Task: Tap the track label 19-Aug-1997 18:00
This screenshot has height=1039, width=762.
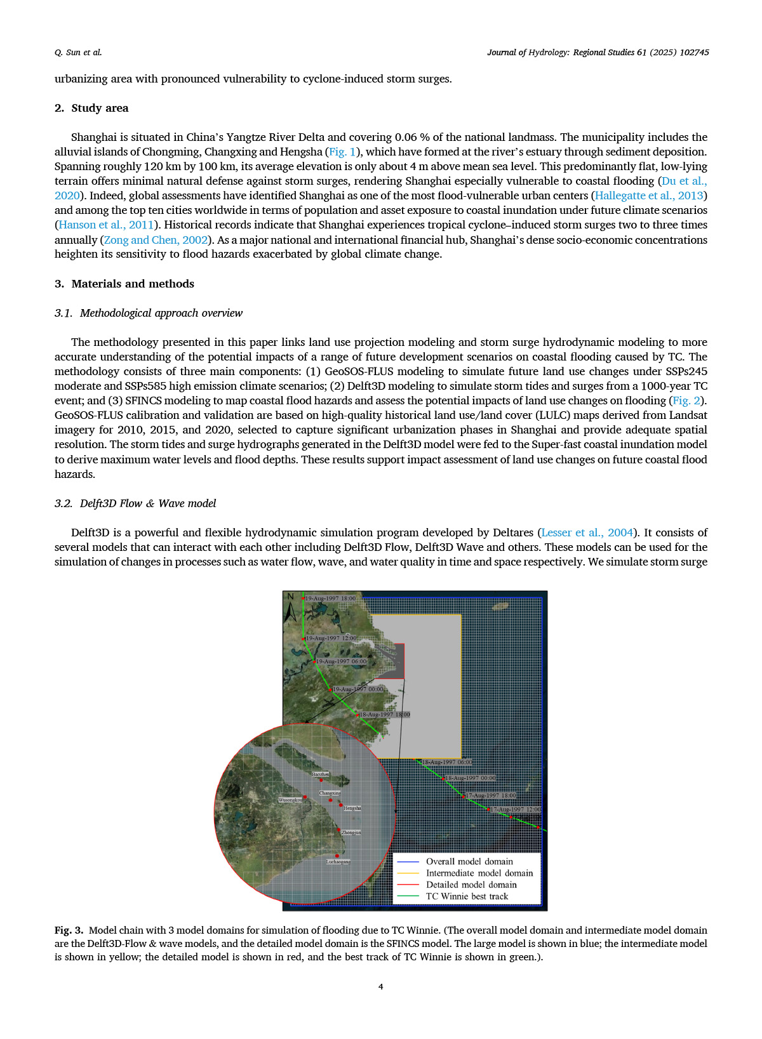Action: (x=330, y=599)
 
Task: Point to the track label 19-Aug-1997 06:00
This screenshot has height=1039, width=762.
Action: (x=342, y=661)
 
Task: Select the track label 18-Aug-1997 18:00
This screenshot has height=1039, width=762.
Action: (x=385, y=715)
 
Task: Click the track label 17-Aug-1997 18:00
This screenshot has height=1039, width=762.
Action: (x=491, y=795)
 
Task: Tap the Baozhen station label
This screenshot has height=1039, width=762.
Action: (x=321, y=774)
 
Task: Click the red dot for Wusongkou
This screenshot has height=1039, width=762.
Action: (x=305, y=797)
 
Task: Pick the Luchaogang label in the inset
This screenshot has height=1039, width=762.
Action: (x=338, y=861)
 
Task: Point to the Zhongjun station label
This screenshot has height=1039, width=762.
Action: (x=351, y=832)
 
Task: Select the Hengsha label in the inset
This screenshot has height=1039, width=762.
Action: (x=352, y=808)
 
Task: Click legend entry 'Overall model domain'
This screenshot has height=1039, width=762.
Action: (x=469, y=861)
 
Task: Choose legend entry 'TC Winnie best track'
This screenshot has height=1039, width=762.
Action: (x=467, y=896)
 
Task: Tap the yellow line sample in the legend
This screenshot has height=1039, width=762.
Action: (x=408, y=873)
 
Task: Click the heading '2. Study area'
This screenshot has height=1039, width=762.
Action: (x=91, y=108)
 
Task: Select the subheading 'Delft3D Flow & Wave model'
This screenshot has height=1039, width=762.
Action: (x=148, y=503)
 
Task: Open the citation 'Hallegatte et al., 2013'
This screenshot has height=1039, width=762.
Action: (x=649, y=195)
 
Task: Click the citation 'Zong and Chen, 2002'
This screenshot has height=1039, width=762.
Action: (x=156, y=240)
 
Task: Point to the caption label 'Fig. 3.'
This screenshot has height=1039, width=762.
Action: (x=69, y=930)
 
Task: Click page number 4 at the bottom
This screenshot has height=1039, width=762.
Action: (x=381, y=986)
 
